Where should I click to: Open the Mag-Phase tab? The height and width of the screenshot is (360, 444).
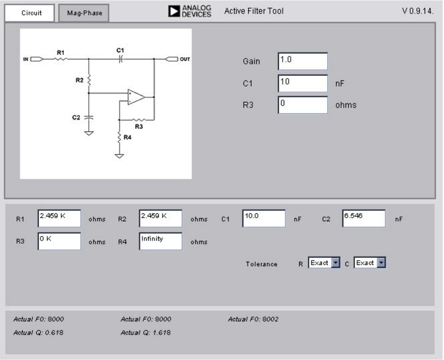coord(84,13)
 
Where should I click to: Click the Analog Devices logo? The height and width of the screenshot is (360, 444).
coord(190,11)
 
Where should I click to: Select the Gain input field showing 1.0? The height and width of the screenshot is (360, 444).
coord(303,61)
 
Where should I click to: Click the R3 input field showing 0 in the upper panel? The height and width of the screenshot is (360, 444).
coord(303,105)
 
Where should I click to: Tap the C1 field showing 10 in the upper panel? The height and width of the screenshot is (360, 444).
coord(303,83)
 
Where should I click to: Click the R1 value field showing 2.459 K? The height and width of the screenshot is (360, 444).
coord(59,218)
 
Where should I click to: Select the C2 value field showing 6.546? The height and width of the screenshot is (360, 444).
coord(364,218)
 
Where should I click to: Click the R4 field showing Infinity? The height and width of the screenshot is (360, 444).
coord(160,241)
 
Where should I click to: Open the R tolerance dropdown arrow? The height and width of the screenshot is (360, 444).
coord(335,263)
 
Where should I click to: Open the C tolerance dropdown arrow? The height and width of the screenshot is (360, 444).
coord(381,263)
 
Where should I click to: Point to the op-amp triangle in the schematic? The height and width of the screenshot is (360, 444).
coord(136,97)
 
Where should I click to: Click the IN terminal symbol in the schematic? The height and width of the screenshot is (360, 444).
coord(37,59)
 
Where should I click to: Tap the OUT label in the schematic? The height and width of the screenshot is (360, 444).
coord(185,59)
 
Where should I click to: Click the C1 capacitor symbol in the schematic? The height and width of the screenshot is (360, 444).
coord(120,59)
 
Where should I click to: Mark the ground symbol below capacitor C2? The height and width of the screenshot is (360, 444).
coord(89,133)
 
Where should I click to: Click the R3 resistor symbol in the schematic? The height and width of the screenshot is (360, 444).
coord(139,120)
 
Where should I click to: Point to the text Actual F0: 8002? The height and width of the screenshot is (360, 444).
coord(253,319)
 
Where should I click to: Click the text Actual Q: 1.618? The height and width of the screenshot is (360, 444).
coord(146,332)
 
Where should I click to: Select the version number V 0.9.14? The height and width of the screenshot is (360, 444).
coord(418,11)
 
